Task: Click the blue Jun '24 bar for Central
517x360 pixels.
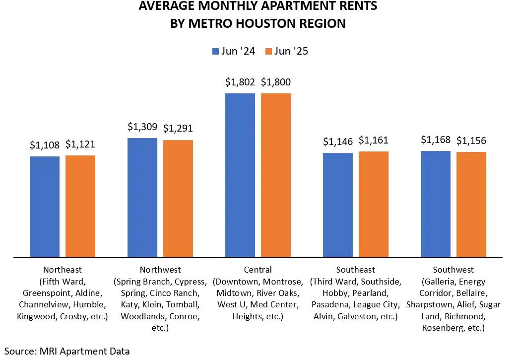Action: [240, 175]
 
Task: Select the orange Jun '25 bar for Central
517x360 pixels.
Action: [276, 175]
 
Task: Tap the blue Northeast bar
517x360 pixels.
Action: [45, 207]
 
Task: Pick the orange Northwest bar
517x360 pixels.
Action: [178, 199]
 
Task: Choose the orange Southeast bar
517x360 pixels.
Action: [374, 204]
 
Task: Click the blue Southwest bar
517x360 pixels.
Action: [436, 204]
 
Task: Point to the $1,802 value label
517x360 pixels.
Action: [240, 82]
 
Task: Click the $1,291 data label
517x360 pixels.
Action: [178, 129]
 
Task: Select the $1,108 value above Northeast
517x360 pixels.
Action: [45, 145]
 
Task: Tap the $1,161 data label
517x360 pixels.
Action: [374, 140]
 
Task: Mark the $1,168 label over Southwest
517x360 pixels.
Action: [436, 140]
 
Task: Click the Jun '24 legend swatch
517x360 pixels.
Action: [216, 51]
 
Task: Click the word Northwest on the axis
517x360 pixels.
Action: [160, 270]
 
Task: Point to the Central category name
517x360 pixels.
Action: [258, 270]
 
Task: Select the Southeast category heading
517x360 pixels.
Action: [355, 270]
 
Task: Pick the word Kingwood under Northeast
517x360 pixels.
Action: [34, 316]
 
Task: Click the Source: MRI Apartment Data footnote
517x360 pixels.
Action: [67, 351]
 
